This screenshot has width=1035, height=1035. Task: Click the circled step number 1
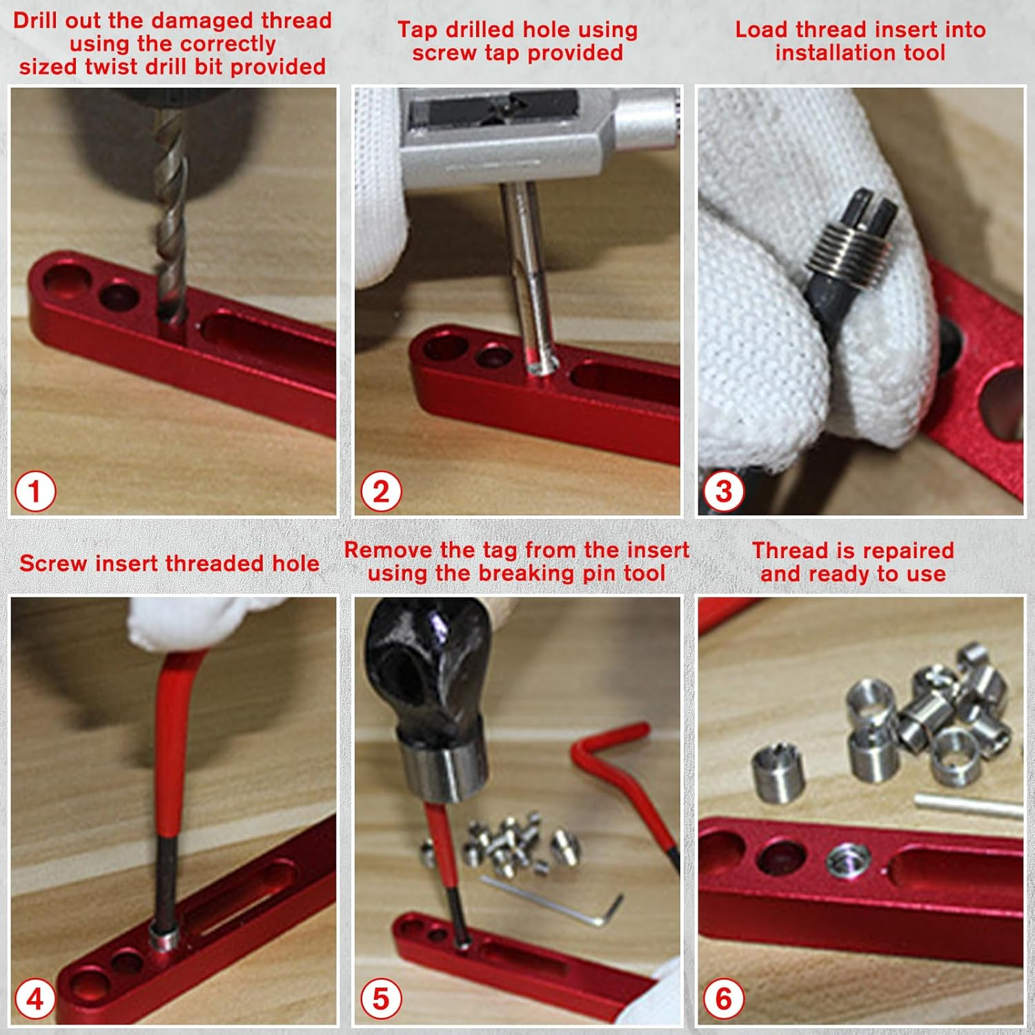click(35, 492)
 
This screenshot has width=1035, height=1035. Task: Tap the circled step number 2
click(381, 492)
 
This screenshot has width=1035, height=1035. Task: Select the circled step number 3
click(723, 492)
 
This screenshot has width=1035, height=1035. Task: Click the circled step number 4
click(35, 999)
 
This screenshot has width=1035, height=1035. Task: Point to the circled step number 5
click(381, 999)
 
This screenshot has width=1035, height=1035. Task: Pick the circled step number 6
click(723, 999)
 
